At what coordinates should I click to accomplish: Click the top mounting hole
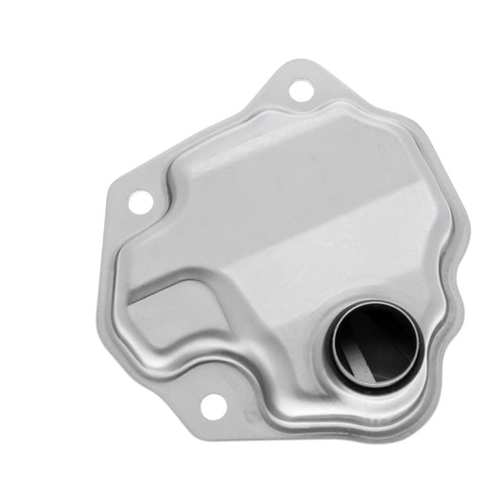click(x=301, y=93)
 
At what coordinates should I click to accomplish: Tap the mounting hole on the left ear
click(x=138, y=201)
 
